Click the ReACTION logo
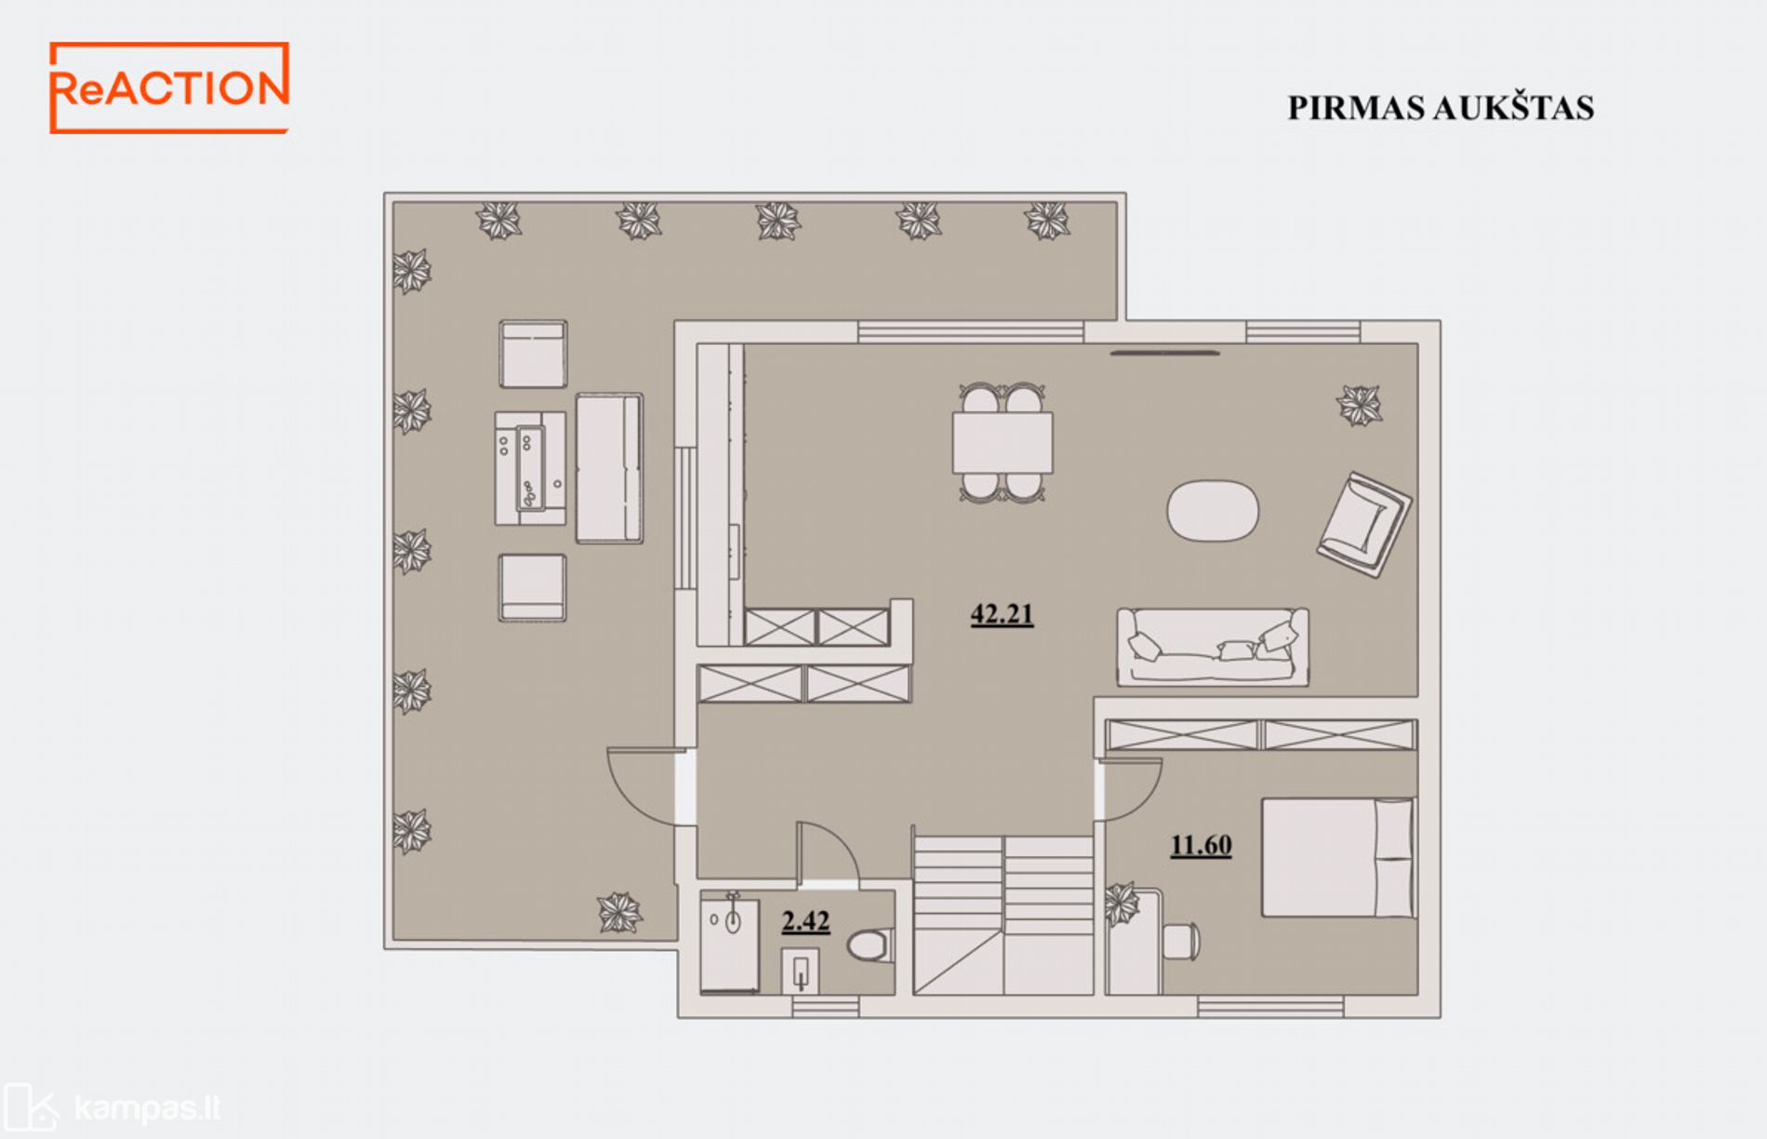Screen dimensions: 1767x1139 click(x=168, y=87)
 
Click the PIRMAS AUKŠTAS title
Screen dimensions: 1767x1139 click(x=1441, y=108)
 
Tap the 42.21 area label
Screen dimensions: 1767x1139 click(x=1002, y=614)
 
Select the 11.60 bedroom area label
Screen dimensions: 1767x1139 click(x=1201, y=845)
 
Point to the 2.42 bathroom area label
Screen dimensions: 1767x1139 click(x=805, y=921)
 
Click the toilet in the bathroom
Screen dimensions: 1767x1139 click(x=870, y=945)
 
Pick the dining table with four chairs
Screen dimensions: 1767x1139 click(x=1003, y=443)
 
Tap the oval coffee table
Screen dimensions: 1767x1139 click(x=1213, y=509)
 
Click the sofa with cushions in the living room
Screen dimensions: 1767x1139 click(x=1213, y=647)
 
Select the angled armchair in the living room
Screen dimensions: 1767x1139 click(x=1364, y=524)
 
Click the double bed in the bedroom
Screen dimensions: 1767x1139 click(x=1338, y=857)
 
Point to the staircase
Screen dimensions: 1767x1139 click(x=1003, y=915)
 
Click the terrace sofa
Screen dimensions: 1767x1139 click(x=609, y=468)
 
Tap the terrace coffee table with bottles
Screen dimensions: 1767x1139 click(x=530, y=468)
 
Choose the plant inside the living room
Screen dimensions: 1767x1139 click(x=1360, y=406)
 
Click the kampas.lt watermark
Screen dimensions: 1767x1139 click(x=113, y=1108)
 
